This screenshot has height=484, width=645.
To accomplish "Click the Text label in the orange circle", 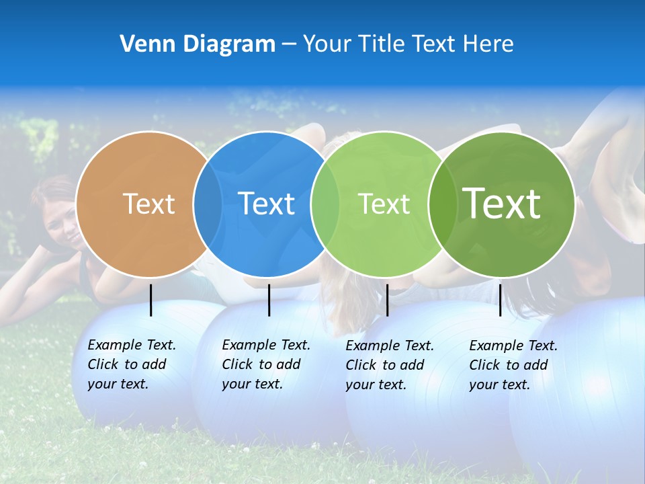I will pos(148,204).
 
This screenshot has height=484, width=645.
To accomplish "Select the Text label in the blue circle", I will pos(266,204).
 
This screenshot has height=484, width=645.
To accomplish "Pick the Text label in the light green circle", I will pos(384,204).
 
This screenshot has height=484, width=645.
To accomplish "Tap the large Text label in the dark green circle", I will pos(501,203).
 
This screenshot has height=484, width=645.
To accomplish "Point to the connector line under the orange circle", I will pos(151,300).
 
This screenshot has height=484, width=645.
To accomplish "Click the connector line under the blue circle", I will pos(269,300).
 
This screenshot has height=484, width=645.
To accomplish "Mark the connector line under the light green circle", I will pos(387,300).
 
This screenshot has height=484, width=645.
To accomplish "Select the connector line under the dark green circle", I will pos(500,300).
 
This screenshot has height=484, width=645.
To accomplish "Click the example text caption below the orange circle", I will pos(131,364).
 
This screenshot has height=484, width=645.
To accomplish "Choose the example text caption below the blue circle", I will pos(265,364).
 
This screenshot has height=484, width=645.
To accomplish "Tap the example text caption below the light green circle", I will pos(389,365).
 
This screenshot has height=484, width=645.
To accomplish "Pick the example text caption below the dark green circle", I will pos(513,365).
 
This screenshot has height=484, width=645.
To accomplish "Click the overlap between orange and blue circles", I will pos(208,204).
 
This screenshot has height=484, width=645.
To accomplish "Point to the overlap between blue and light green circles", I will pos(325,204).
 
